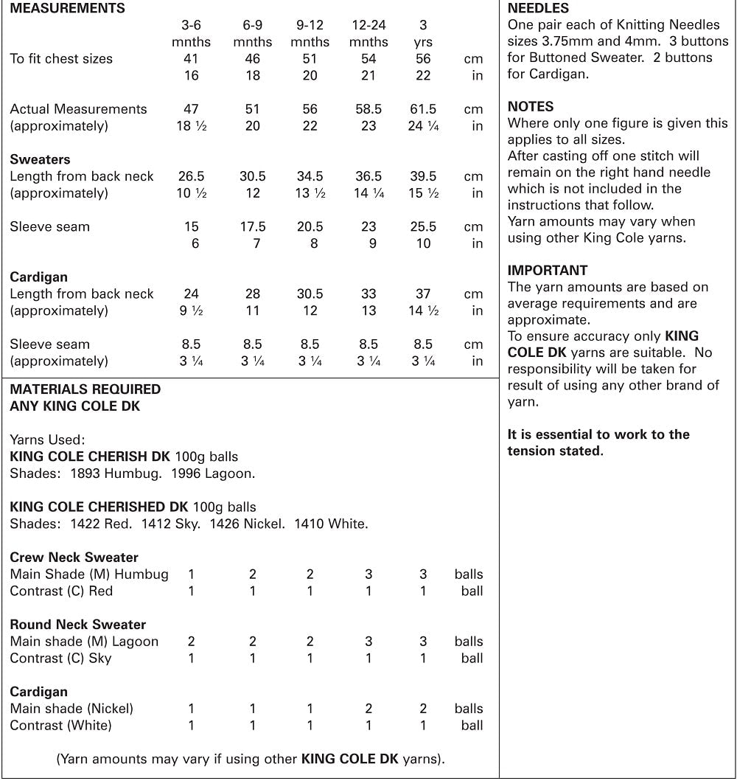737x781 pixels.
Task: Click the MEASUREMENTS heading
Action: (67, 9)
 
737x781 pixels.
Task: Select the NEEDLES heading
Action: (538, 9)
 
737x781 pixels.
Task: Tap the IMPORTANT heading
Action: (548, 270)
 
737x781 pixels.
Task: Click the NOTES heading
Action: (531, 107)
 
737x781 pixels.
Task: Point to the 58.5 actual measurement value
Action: (368, 109)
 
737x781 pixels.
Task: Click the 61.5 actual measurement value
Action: (423, 109)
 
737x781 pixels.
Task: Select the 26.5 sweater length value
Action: (191, 176)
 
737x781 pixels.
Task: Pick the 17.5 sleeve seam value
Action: (253, 226)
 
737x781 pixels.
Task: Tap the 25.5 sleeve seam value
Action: (423, 226)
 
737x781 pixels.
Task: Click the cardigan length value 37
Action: (423, 294)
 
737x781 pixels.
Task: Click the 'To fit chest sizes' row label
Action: (61, 58)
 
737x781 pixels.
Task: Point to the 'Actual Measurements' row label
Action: (78, 109)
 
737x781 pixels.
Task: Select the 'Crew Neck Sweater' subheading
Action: (74, 558)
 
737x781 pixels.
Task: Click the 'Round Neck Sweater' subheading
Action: (77, 625)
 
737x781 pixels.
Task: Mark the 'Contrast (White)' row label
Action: (60, 725)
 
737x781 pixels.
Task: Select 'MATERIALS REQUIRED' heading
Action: (85, 389)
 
